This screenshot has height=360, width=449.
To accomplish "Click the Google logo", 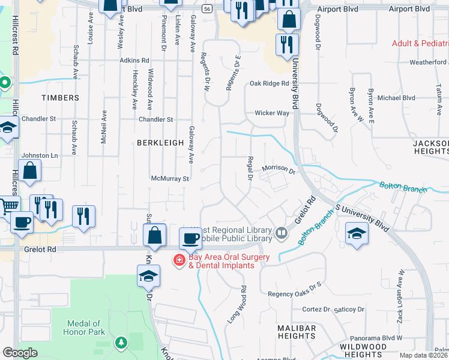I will point(20,353).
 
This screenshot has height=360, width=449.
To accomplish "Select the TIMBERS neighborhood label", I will point(60,98).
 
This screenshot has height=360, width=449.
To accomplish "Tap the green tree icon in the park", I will point(122,342).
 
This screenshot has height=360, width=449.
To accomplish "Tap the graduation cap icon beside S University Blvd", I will point(357,233).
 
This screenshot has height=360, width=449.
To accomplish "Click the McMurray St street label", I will point(170,178).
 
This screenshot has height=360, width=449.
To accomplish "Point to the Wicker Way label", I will point(272,113).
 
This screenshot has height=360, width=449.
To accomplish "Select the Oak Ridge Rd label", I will point(270,83).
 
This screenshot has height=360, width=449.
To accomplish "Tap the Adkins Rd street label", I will point(134,61).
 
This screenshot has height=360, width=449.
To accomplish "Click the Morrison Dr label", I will point(278,170).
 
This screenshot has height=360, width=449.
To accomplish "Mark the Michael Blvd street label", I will point(396,98).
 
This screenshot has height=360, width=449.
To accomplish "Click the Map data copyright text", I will point(424,355).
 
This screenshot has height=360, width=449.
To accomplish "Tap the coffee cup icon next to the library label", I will point(191,238).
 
